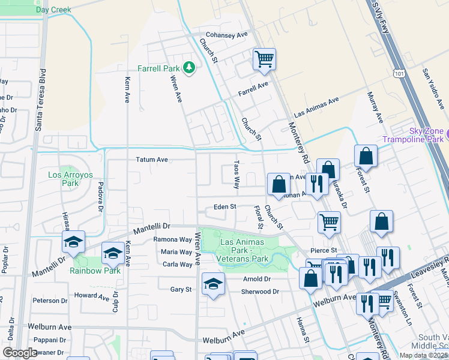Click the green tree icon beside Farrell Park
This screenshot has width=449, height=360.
pyautogui.click(x=190, y=67)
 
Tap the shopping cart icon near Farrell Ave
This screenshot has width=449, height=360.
pyautogui.click(x=264, y=59)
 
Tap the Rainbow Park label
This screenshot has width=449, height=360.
pyautogui.click(x=95, y=271)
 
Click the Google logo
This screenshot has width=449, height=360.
pyautogui.click(x=20, y=353)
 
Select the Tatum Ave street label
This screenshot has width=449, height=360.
pyautogui.click(x=151, y=160)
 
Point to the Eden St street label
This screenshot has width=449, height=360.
pyautogui.click(x=226, y=207)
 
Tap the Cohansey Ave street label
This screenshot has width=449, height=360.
pyautogui.click(x=227, y=35)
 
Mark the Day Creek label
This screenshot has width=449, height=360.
pyautogui.click(x=53, y=10)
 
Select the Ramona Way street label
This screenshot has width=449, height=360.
pyautogui.click(x=172, y=239)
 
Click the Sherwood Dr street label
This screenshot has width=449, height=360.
pyautogui.click(x=259, y=292)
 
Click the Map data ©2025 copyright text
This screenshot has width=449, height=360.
pyautogui.click(x=423, y=355)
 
